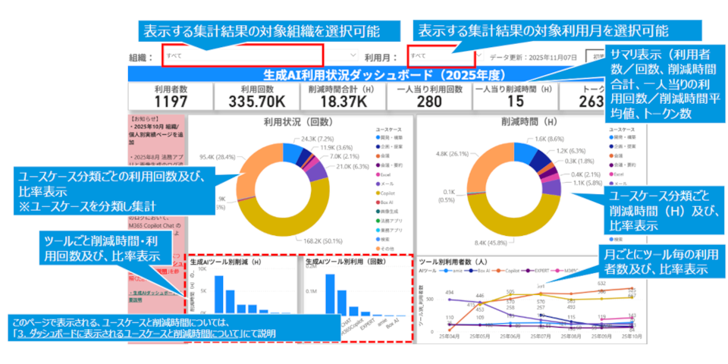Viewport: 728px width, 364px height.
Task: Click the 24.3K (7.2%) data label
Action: (x=318, y=139)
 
